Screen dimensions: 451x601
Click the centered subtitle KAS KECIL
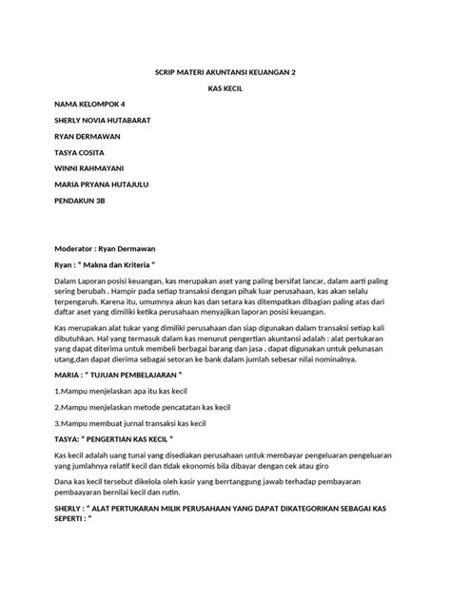(225, 87)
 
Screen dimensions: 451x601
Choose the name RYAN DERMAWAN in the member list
(92, 136)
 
